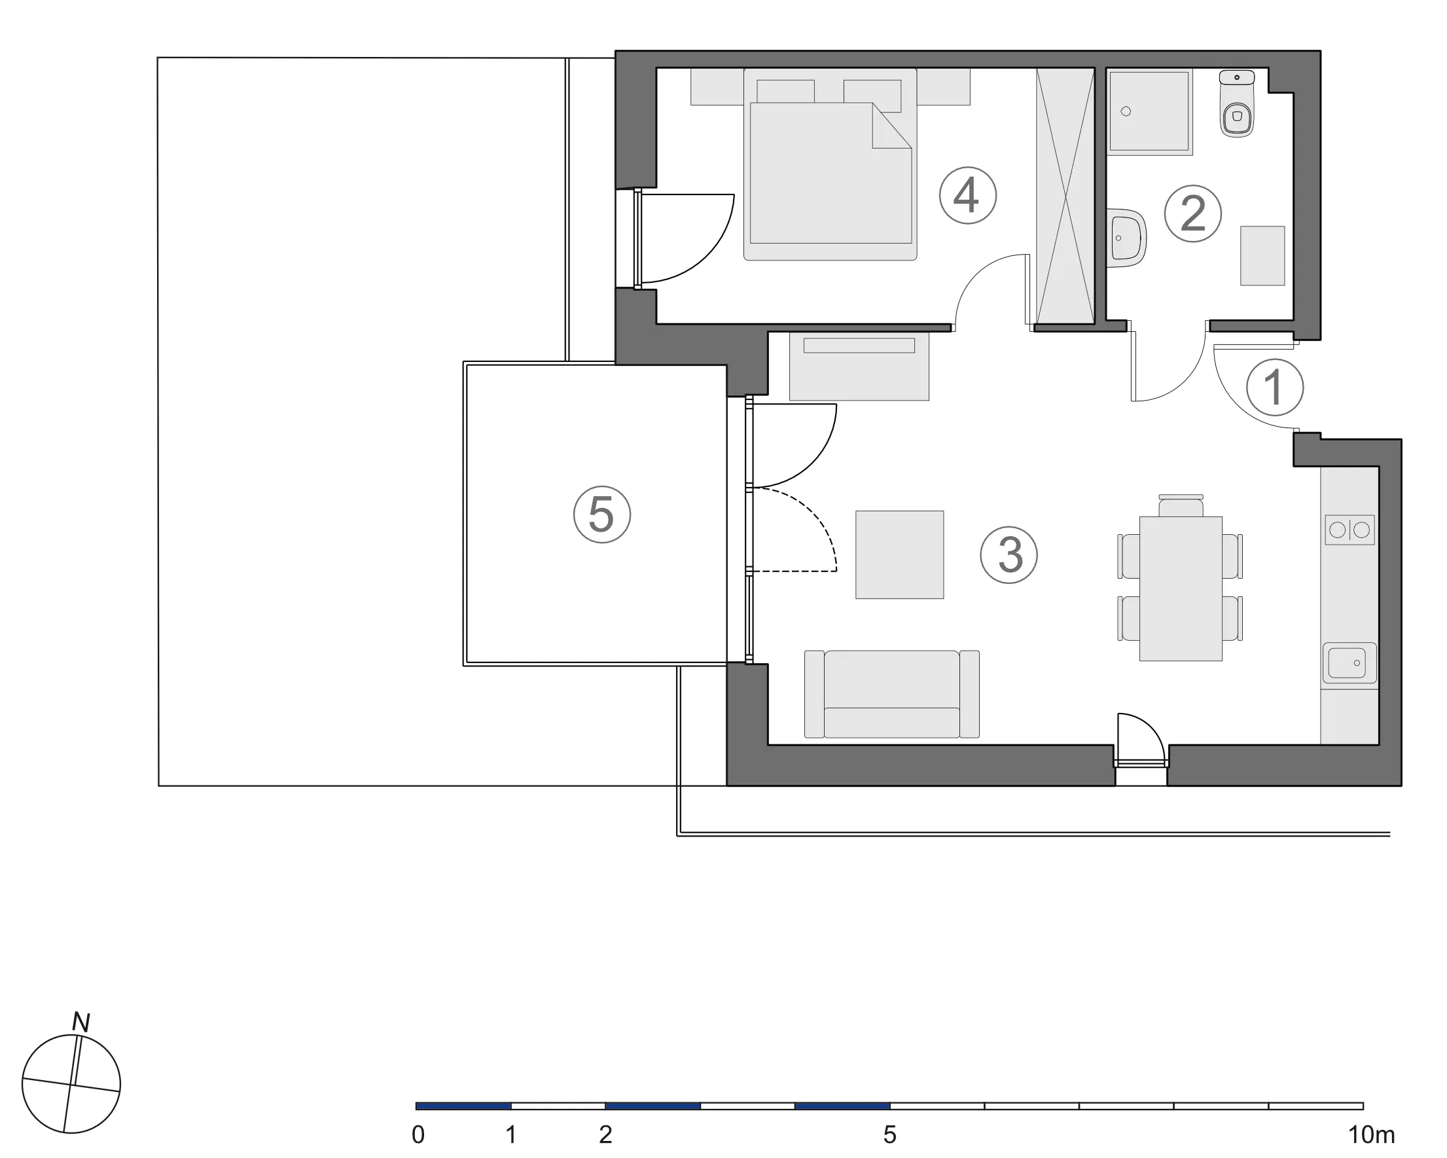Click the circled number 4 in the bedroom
(967, 196)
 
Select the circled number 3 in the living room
(1009, 554)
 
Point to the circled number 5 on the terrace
(602, 515)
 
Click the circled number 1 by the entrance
(1274, 388)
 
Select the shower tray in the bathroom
(1150, 111)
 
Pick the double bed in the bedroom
(831, 164)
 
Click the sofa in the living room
(891, 694)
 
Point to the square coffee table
(899, 554)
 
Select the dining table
(1181, 588)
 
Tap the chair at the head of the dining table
(1181, 505)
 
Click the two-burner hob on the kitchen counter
(1349, 530)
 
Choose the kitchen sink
(1349, 663)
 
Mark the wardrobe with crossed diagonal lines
(1066, 195)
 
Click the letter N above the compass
(81, 1022)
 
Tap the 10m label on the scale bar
(1372, 1135)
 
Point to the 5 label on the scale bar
(889, 1135)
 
